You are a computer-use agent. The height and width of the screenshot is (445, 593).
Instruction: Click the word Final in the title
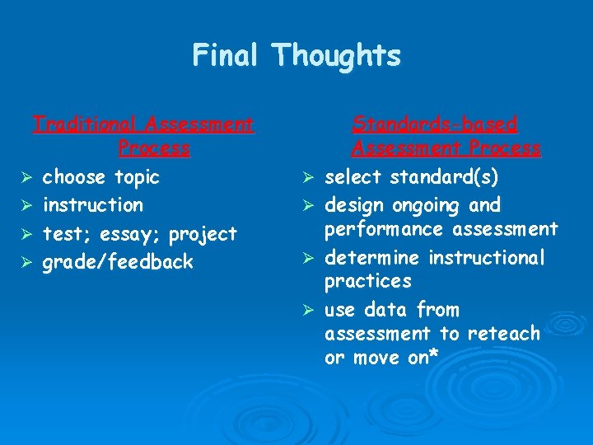228,55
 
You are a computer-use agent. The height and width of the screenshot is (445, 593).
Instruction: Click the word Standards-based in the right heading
435,124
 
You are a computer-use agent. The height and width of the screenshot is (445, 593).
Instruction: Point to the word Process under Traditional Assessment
154,148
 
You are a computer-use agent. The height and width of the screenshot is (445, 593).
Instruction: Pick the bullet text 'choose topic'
100,177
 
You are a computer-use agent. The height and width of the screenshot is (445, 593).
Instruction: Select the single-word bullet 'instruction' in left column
92,205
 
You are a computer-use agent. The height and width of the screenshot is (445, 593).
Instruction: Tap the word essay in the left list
134,235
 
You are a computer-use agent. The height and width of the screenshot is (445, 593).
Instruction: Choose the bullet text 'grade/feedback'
118,263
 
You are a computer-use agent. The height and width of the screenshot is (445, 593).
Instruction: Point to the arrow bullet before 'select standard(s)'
308,178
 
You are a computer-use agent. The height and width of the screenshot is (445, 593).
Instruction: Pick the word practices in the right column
367,282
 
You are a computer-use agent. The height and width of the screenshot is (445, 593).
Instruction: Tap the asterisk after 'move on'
433,356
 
